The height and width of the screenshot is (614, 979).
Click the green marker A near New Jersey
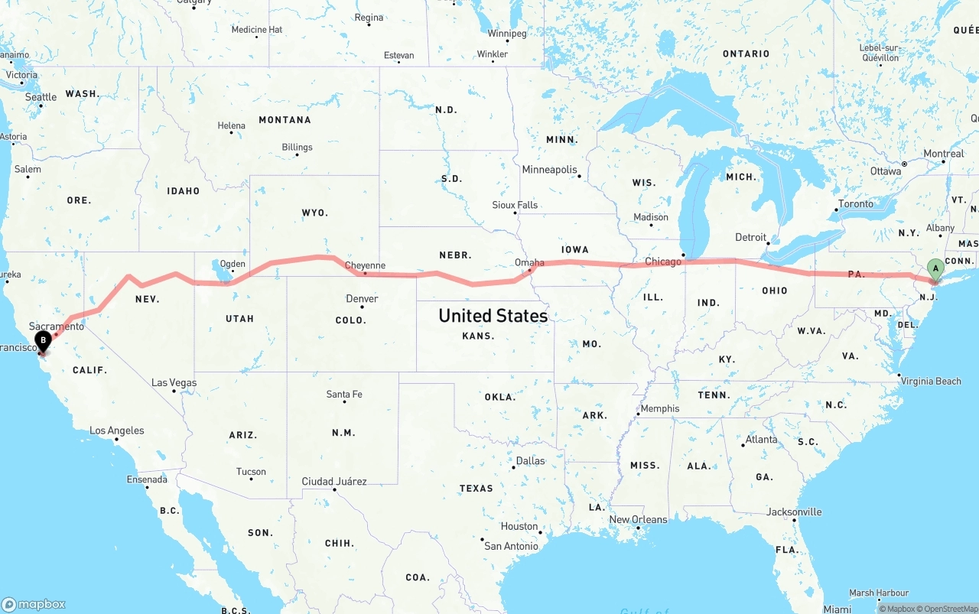[935, 269]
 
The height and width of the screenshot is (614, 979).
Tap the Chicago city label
[662, 262]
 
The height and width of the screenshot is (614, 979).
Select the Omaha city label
[529, 262]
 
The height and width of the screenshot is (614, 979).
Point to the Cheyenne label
[365, 265]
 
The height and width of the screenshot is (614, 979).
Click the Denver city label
[362, 298]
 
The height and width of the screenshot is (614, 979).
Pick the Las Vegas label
[174, 382]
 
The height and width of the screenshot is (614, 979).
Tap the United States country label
[493, 315]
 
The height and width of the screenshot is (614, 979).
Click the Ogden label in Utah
[233, 264]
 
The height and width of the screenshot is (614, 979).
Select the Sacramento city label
[57, 326]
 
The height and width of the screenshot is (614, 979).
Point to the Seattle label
[41, 97]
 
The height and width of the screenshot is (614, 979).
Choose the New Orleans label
[638, 519]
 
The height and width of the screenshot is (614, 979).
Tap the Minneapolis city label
[549, 169]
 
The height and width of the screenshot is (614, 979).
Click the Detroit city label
[750, 237]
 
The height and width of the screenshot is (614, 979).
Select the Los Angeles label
[116, 430]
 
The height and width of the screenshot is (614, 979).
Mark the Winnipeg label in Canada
[507, 34]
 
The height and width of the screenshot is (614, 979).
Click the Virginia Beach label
[930, 381]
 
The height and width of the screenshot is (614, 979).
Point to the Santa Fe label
[344, 395]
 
